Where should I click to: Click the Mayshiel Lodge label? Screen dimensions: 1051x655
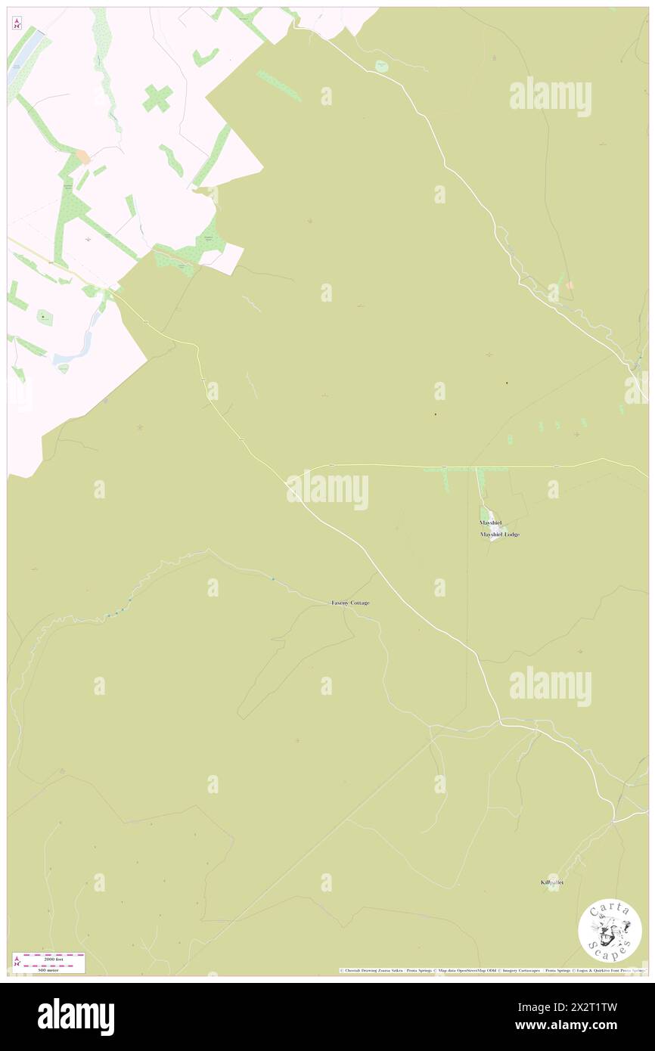click(x=499, y=535)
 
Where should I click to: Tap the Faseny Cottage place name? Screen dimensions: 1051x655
click(x=350, y=603)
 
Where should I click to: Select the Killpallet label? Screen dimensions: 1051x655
click(x=551, y=882)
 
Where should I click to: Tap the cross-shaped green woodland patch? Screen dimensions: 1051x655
click(x=157, y=98)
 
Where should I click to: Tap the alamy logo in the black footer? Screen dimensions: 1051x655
click(x=76, y=1016)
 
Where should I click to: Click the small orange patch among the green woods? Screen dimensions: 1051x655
click(x=82, y=157)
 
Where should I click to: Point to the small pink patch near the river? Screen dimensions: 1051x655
click(x=570, y=286)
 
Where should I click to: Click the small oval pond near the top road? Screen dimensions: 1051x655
click(x=380, y=67)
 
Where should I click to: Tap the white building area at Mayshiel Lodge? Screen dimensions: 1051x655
click(x=494, y=535)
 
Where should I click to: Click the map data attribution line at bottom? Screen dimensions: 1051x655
click(x=492, y=970)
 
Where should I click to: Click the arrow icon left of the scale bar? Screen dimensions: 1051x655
click(x=17, y=963)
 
